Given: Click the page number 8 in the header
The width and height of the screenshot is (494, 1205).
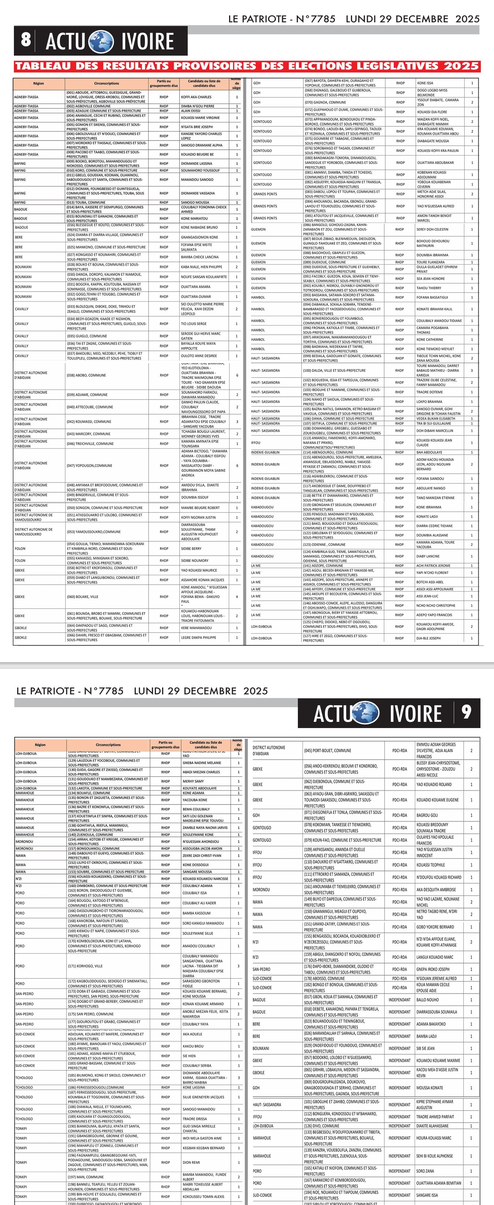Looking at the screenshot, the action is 26,40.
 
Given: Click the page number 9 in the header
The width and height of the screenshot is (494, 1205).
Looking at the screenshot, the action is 466,712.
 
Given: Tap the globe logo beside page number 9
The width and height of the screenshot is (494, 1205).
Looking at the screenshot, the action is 365,713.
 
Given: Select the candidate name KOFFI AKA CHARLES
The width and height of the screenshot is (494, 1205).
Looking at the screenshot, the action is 196,97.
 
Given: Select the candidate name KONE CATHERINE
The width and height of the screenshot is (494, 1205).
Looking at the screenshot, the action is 430,340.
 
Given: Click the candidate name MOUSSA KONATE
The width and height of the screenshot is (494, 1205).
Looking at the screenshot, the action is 430,1088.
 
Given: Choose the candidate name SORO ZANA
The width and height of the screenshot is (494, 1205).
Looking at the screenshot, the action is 425,1171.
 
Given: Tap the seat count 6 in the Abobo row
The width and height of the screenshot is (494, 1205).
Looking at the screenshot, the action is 237,375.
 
